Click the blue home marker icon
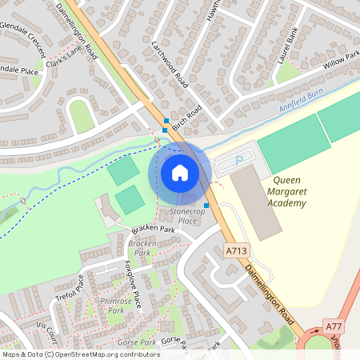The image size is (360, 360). (180, 172)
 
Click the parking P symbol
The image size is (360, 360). (238, 162)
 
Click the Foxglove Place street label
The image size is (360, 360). (133, 285)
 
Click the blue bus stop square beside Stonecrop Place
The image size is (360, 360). (206, 206)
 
